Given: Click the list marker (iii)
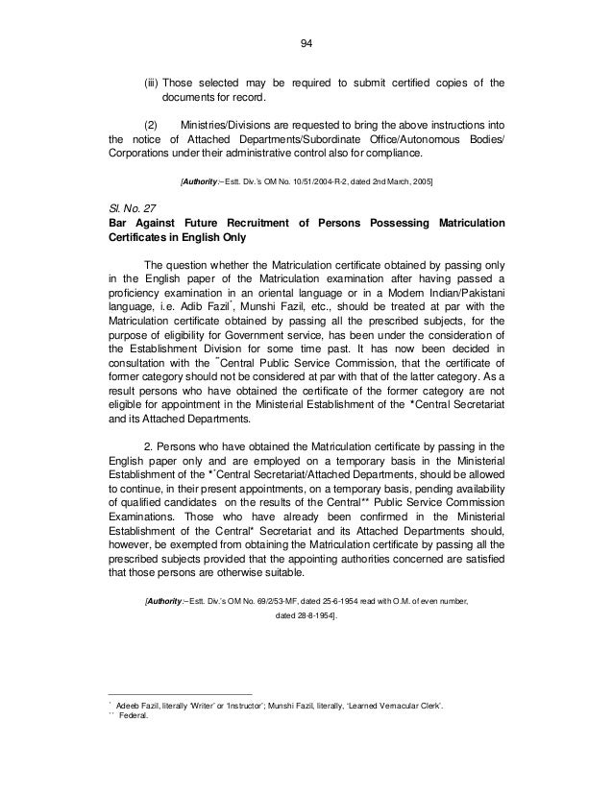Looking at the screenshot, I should pos(153,83).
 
